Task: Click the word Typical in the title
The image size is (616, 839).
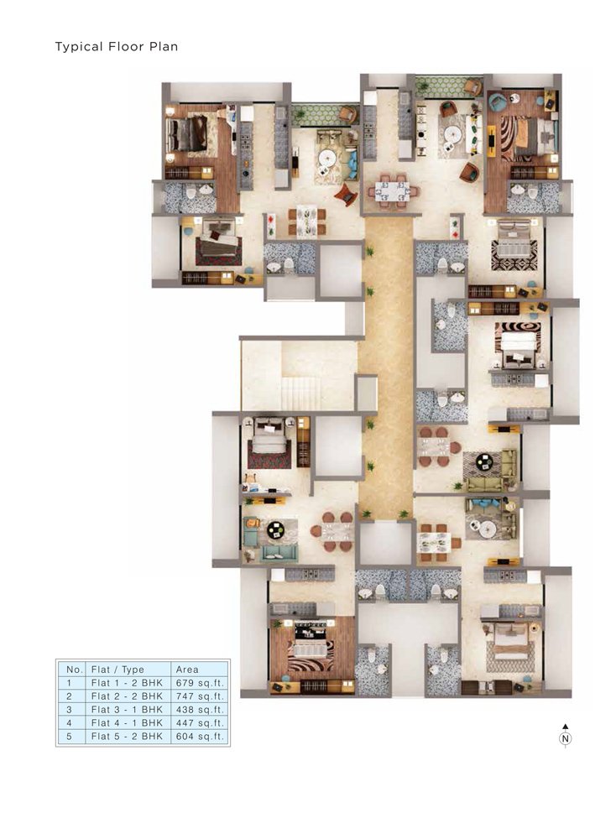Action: (79, 47)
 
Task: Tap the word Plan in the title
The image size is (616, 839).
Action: (164, 46)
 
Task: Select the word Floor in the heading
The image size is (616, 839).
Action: (126, 46)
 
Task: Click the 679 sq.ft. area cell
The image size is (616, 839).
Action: (200, 683)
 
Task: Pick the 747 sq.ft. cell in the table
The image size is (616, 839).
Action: (200, 696)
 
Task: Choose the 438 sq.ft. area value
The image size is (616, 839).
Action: (200, 710)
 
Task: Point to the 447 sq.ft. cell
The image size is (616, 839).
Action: (200, 723)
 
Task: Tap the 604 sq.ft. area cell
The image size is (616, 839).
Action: (200, 737)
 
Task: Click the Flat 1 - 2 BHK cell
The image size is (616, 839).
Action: (127, 683)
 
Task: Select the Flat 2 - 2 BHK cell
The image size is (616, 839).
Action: (127, 696)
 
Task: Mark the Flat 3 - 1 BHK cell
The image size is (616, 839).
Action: (127, 710)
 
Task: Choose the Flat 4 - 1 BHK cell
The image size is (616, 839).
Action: (127, 723)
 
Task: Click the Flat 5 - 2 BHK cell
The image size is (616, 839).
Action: (127, 737)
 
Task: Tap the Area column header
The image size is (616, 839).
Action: (187, 670)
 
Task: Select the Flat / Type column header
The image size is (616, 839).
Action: (117, 670)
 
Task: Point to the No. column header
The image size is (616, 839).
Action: (75, 670)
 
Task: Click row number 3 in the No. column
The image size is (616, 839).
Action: (69, 710)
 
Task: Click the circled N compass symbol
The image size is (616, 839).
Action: (565, 738)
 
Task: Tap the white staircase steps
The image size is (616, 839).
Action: (300, 393)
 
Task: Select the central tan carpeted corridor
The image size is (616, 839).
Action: (388, 364)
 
